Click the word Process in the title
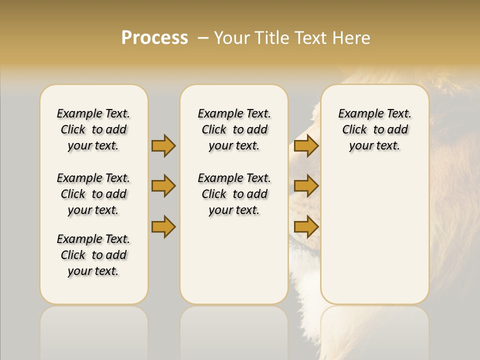pos(154,37)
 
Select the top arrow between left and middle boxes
pos(163,145)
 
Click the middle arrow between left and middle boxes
pos(163,186)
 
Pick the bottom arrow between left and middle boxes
pos(163,226)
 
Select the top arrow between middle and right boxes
pos(306,145)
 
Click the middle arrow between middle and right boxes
pos(306,186)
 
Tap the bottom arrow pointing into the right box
pos(306,226)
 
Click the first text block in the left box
pos(93,129)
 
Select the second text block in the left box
pos(93,194)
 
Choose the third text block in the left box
pos(93,255)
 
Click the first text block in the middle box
pos(234,129)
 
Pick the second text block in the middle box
pos(234,194)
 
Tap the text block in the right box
pos(375,129)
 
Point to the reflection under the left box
pos(94,330)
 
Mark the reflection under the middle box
pos(234,330)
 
